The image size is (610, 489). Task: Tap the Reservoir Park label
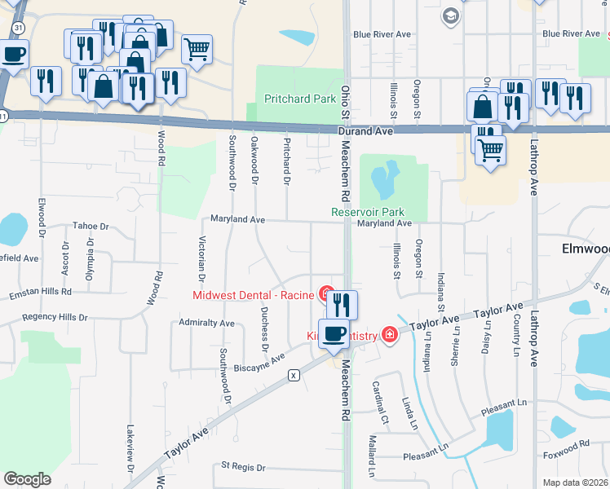pos(368,212)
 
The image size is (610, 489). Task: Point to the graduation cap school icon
pos(449,15)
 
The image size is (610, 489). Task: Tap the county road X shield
pos(294,375)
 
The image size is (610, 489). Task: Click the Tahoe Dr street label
pos(91,226)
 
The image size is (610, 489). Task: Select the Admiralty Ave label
pos(206,324)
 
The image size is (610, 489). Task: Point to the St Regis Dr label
pos(244,467)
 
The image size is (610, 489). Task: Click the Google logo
pos(27,478)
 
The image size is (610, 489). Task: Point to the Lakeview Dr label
pos(130,447)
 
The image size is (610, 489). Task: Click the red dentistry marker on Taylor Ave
pos(389,335)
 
